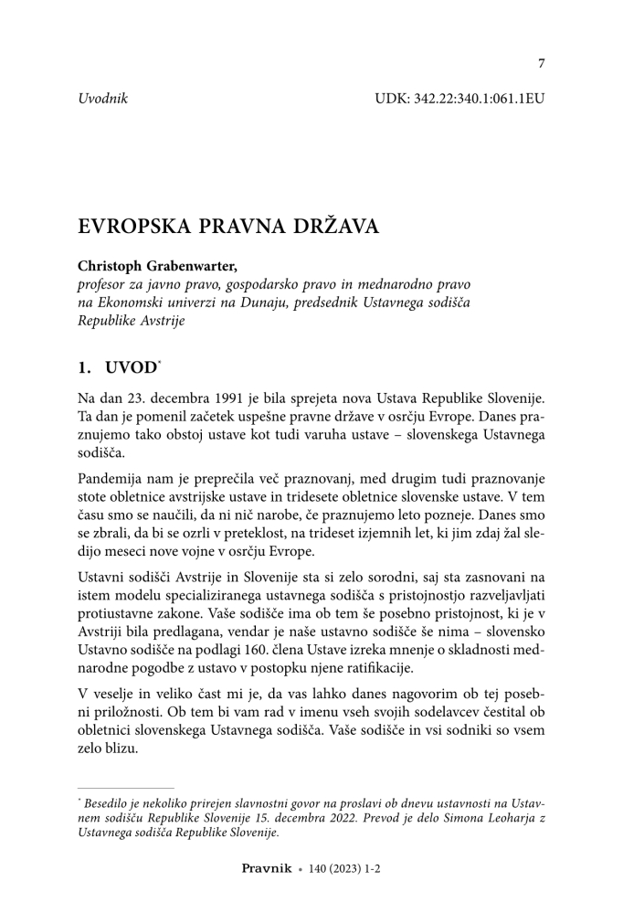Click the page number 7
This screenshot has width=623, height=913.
click(541, 63)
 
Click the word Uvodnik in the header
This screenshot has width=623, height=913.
click(102, 97)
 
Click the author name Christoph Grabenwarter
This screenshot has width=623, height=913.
click(156, 267)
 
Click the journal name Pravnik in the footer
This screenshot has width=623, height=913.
click(266, 869)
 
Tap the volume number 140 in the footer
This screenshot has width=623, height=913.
click(319, 869)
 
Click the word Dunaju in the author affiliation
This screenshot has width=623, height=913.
click(260, 302)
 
